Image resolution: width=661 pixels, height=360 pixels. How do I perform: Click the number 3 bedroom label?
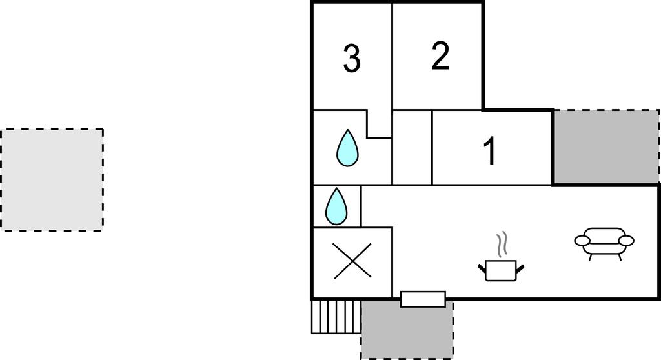351,59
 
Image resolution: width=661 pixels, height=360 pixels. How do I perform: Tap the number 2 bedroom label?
440,57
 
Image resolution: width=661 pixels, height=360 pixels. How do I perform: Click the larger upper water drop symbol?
347,148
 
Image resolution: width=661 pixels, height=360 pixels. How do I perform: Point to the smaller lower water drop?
336,206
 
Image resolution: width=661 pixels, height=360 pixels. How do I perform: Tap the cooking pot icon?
501,270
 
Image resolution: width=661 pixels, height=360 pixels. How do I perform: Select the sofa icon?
604,242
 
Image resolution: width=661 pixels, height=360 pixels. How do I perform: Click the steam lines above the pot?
502,245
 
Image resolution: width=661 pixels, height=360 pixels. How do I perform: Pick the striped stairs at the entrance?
336,317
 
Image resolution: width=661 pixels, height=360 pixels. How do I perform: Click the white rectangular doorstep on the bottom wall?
423,299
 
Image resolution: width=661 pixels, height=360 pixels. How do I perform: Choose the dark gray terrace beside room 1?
605,146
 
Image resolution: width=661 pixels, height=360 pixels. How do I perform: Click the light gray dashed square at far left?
52,179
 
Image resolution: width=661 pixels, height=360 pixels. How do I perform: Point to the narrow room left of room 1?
412,148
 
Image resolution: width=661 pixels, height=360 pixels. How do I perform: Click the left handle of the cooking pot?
482,266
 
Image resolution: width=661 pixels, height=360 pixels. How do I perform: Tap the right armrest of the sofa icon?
625,241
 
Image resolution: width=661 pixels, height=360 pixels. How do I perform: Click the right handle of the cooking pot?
520,266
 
